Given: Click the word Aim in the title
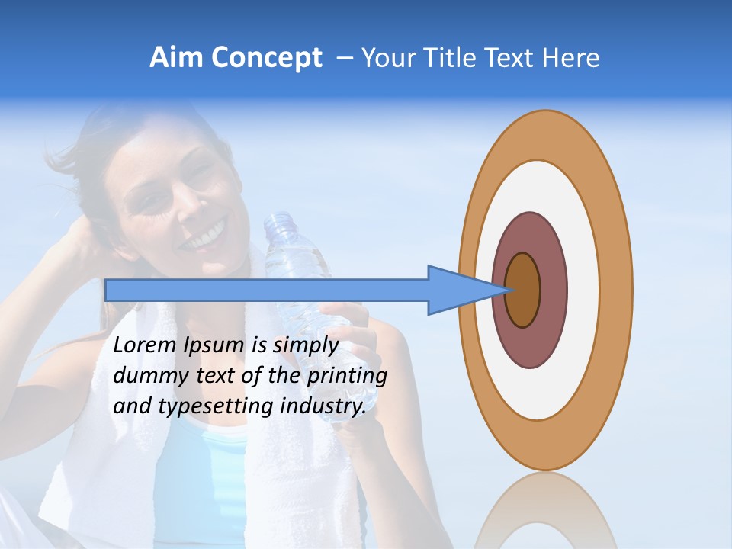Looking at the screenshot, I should [176, 58].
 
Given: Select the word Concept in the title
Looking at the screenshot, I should [266, 59].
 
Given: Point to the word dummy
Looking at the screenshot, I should [145, 376].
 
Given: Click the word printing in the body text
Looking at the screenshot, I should [347, 376].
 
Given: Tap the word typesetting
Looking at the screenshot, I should [217, 406].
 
